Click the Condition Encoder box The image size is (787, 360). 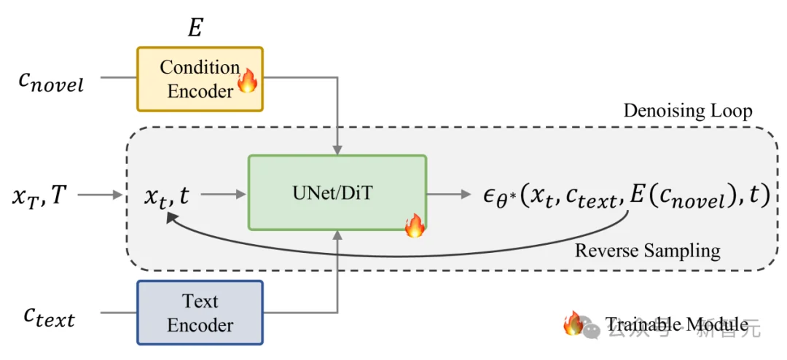coord(199,79)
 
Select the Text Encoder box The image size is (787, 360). coord(199,313)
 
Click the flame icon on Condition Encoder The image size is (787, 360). coord(248,80)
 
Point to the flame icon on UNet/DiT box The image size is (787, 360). coord(415,226)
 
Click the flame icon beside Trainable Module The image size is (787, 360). coord(573,323)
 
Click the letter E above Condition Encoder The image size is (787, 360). coord(195,28)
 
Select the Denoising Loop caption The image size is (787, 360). coord(688,111)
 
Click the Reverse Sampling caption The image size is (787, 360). coord(648,251)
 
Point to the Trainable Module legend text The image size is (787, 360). coord(676,324)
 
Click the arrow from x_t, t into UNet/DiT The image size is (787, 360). coord(223,195)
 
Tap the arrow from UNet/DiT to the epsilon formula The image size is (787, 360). coord(449,195)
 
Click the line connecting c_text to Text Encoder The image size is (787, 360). coord(118,313)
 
